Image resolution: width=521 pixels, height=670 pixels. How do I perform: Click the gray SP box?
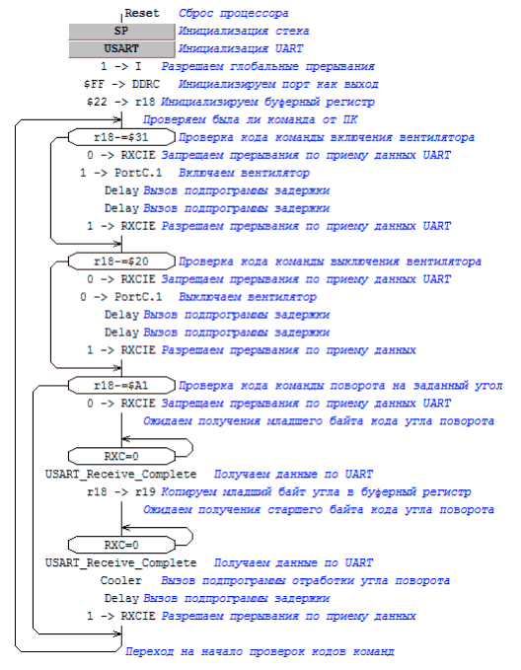(121, 32)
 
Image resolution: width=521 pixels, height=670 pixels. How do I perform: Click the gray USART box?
(121, 48)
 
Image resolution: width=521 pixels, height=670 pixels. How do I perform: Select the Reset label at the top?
(142, 13)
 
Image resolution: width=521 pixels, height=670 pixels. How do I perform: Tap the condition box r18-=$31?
(121, 137)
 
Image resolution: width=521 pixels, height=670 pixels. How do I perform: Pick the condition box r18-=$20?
(121, 261)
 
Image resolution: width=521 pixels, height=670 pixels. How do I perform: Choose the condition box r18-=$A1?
(121, 386)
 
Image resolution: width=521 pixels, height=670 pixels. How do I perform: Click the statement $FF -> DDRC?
(121, 84)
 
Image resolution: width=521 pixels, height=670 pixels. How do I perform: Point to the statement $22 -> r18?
(121, 102)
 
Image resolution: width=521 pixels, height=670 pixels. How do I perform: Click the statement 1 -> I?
(121, 67)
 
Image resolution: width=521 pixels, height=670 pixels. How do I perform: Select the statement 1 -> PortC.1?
(121, 173)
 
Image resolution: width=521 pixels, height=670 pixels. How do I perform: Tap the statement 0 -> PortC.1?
(121, 297)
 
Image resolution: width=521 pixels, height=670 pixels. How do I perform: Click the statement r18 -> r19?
(121, 492)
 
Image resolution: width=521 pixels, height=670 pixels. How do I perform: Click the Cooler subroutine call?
(121, 580)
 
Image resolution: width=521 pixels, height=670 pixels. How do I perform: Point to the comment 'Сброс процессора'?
(233, 14)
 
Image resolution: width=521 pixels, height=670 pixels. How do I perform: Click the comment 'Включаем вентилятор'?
(244, 173)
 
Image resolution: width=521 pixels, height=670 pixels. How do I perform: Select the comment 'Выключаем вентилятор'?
(248, 297)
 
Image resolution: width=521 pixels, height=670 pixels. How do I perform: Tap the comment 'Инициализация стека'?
(244, 32)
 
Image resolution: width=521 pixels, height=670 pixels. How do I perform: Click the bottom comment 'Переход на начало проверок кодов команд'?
(260, 651)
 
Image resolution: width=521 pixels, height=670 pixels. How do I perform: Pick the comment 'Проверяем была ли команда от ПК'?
(250, 120)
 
